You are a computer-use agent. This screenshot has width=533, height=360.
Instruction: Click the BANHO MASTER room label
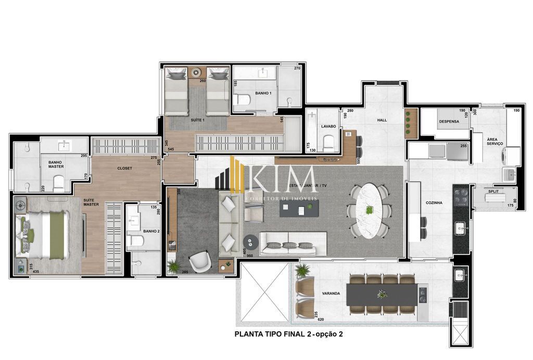point(56,164)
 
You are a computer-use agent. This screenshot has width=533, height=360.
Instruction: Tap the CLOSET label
point(124,168)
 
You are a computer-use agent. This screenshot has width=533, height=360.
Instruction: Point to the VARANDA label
point(331,293)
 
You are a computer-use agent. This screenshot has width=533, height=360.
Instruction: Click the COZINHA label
point(434,202)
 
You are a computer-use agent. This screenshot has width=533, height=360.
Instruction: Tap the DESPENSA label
point(449,121)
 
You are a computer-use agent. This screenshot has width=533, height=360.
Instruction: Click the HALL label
point(382,120)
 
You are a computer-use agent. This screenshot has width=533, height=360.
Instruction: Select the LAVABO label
point(328,126)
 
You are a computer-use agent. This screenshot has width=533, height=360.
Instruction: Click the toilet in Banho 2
point(135,240)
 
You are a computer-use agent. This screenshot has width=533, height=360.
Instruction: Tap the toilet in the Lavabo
point(328,143)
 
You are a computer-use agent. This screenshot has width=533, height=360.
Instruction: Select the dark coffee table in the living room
point(299,209)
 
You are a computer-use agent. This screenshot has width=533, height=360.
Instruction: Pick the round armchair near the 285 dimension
point(199,262)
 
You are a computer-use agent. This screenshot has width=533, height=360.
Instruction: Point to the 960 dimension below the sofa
point(249,255)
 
